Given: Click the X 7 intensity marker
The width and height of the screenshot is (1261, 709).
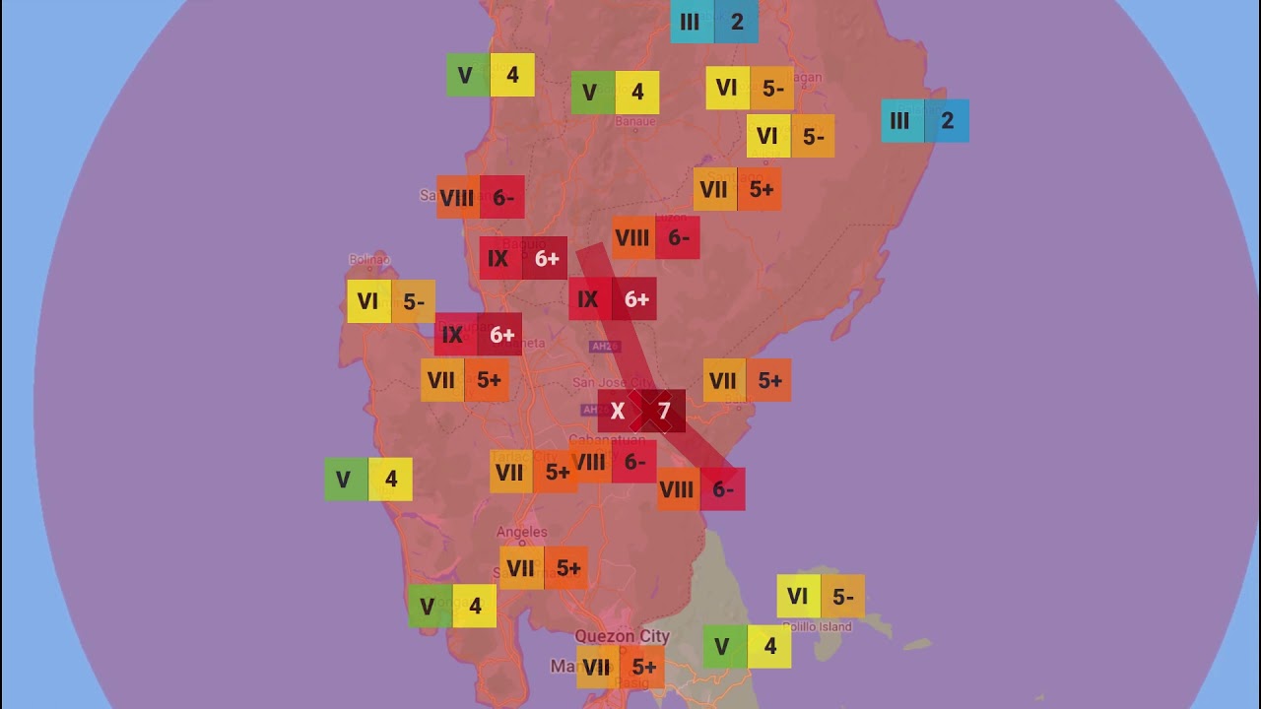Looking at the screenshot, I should pos(641,412).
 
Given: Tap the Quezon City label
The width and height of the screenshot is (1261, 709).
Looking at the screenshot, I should pos(622,636).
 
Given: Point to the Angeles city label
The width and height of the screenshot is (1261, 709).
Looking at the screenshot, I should pos(521,533).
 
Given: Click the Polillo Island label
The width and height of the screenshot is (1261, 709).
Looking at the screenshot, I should pos(817,626).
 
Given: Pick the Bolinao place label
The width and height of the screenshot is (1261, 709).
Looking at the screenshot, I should pos(369,260).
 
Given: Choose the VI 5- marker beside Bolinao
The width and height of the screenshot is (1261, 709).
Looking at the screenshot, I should pos(390,301).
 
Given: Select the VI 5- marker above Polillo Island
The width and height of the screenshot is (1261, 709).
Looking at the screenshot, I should pos(821,596).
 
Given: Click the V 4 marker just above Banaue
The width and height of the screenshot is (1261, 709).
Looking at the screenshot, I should pos(615,93).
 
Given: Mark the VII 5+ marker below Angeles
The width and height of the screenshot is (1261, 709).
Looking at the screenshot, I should pos(543,568).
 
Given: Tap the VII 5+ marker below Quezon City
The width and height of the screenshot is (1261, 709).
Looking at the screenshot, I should pos(620,668).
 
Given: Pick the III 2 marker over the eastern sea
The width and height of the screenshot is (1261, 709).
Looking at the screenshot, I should pos(924,121).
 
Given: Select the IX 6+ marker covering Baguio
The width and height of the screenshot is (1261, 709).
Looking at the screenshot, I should pos(523,258).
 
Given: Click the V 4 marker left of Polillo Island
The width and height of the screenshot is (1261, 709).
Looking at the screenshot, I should pos(747,647).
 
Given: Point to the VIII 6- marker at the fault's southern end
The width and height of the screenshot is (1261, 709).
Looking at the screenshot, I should pos(700,489).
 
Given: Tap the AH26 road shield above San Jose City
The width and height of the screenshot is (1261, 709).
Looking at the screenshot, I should pos(604,347).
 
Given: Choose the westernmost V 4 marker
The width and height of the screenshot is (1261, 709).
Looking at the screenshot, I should pos(368,480).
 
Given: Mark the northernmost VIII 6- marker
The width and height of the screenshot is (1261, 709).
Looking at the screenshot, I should pos(480,197).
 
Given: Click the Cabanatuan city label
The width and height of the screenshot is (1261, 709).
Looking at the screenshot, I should pos(601,440).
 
